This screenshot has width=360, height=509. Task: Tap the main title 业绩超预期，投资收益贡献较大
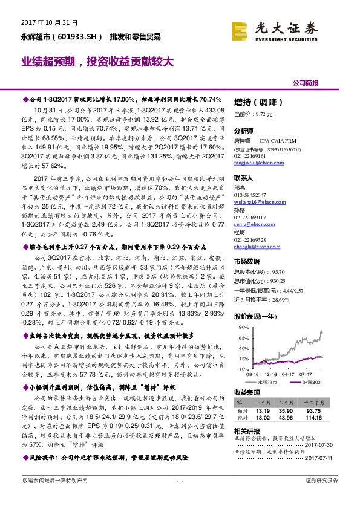click(x=99, y=62)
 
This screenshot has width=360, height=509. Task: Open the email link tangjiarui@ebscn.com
click(x=258, y=161)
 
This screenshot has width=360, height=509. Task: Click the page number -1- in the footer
click(x=179, y=497)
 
